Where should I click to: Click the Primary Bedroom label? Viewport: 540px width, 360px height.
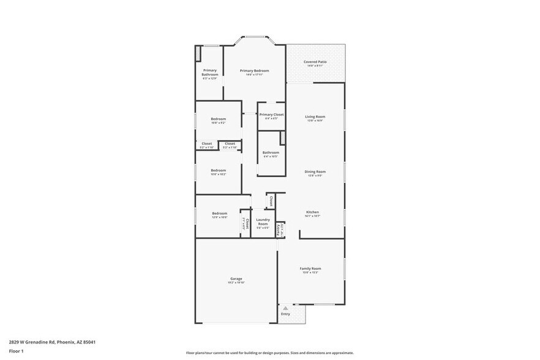[x=254, y=71]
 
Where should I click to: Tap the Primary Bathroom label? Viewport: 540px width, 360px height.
[x=210, y=73]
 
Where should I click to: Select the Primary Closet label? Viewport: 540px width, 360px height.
[x=271, y=114]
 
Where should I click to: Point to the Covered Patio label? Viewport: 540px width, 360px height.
[x=315, y=62]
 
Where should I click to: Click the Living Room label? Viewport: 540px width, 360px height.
[x=315, y=116]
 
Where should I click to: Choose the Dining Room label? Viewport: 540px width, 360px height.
[x=315, y=171]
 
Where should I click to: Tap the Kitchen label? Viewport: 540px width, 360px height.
[x=312, y=212]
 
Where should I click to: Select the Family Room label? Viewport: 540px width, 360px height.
[x=310, y=268]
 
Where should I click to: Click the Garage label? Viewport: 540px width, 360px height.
[x=236, y=279]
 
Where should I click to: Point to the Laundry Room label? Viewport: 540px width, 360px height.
[x=263, y=222]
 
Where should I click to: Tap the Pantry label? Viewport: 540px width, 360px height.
[x=279, y=230]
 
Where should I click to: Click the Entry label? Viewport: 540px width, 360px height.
[x=285, y=314]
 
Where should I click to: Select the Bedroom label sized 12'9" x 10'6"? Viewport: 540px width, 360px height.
[x=220, y=214]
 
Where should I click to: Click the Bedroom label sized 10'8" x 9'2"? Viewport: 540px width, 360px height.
[x=219, y=119]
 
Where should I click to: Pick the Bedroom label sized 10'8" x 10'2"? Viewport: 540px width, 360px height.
[x=219, y=170]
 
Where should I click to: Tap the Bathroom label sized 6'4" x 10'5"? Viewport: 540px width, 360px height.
[x=271, y=152]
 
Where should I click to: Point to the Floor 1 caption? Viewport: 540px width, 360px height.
[x=17, y=351]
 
